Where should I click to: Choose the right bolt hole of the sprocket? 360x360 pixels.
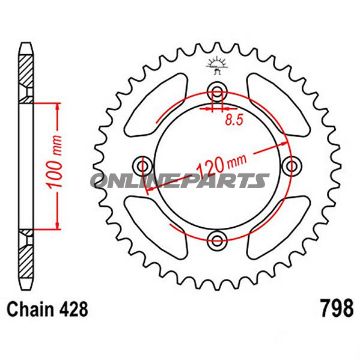(x=291, y=167)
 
